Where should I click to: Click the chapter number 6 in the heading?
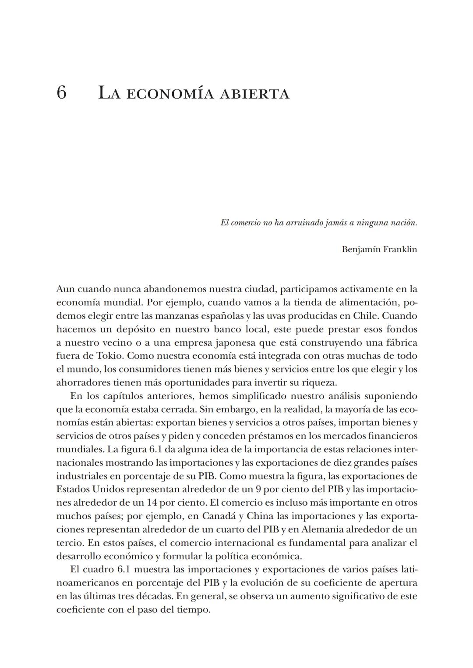tap(61, 93)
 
